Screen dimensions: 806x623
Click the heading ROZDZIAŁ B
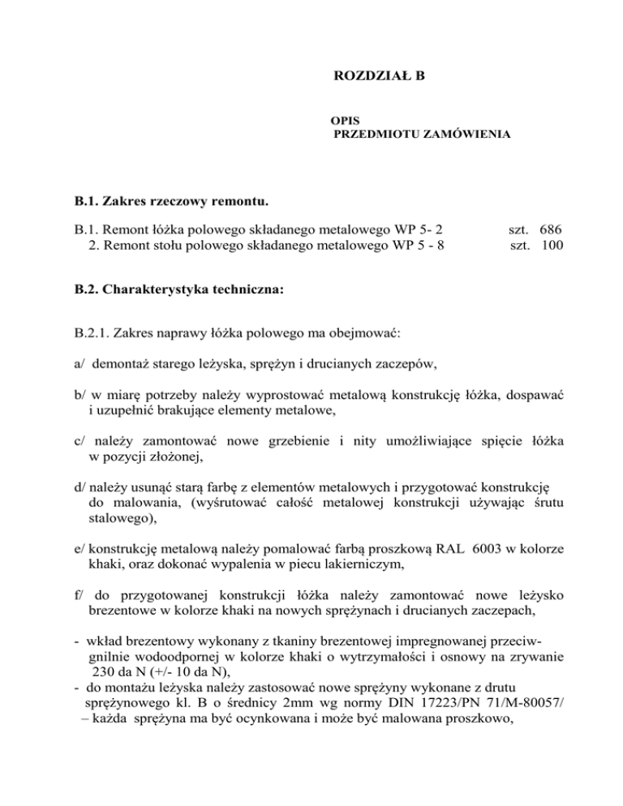point(379,77)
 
